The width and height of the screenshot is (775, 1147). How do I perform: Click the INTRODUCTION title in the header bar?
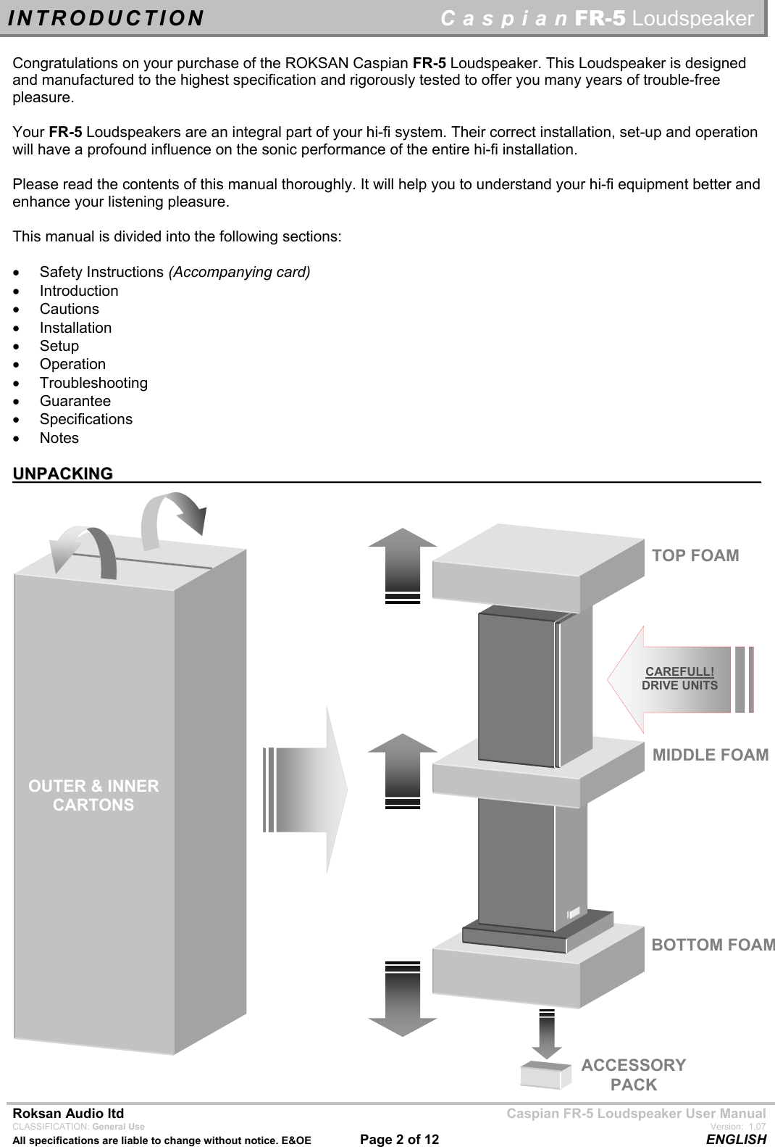click(x=106, y=18)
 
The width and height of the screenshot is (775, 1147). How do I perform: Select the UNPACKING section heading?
click(x=63, y=474)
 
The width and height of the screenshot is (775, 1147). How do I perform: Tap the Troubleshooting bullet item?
click(x=93, y=383)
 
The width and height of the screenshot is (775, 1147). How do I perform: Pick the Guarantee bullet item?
click(x=75, y=401)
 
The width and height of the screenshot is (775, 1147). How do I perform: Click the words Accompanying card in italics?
click(x=239, y=273)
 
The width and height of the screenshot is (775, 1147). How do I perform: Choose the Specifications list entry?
click(x=85, y=419)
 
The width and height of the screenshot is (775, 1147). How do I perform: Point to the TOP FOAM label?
click(x=695, y=556)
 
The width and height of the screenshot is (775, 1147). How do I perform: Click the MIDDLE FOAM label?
click(x=710, y=755)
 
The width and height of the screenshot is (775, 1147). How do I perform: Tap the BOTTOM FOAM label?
click(x=712, y=945)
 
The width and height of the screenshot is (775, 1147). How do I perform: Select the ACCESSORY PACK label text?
click(x=633, y=1074)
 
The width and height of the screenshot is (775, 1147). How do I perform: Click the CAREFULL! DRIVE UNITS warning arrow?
click(x=679, y=679)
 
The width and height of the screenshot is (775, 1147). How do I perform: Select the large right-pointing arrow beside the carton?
click(x=308, y=790)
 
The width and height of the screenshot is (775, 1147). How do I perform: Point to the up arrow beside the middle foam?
click(x=403, y=766)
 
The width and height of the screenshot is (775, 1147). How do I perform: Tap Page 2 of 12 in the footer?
click(x=399, y=1139)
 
